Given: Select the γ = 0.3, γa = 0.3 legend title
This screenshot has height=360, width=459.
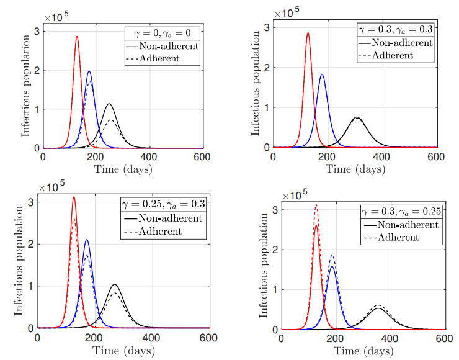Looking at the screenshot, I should pyautogui.click(x=394, y=29).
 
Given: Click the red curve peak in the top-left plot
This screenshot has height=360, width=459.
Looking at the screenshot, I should pyautogui.click(x=77, y=36).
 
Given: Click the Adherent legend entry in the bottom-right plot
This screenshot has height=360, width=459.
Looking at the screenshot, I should pyautogui.click(x=412, y=237).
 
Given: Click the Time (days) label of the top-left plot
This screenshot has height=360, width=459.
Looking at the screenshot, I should pyautogui.click(x=122, y=168).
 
